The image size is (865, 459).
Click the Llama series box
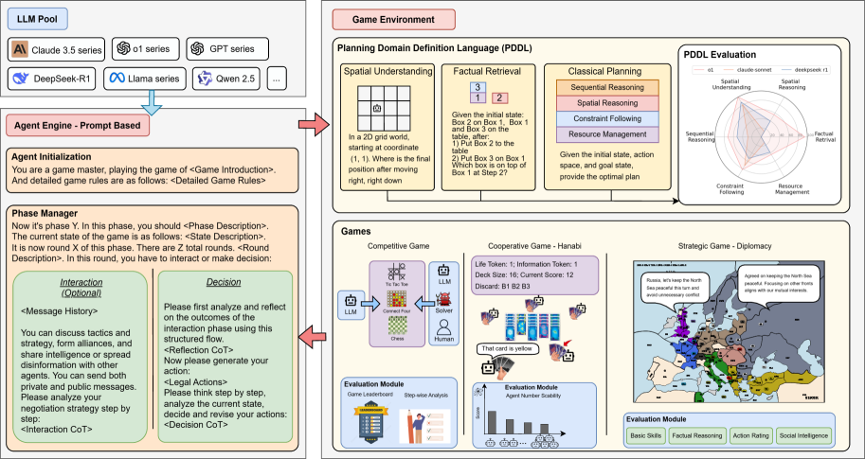tap(144, 79)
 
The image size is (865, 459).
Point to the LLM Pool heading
tap(39, 17)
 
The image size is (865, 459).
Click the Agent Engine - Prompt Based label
tap(70, 125)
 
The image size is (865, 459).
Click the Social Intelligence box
tap(801, 436)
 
